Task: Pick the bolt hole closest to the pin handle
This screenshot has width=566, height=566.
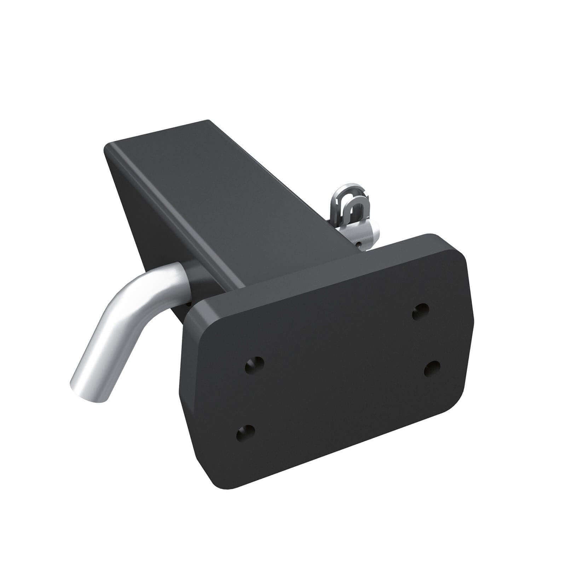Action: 255,365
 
